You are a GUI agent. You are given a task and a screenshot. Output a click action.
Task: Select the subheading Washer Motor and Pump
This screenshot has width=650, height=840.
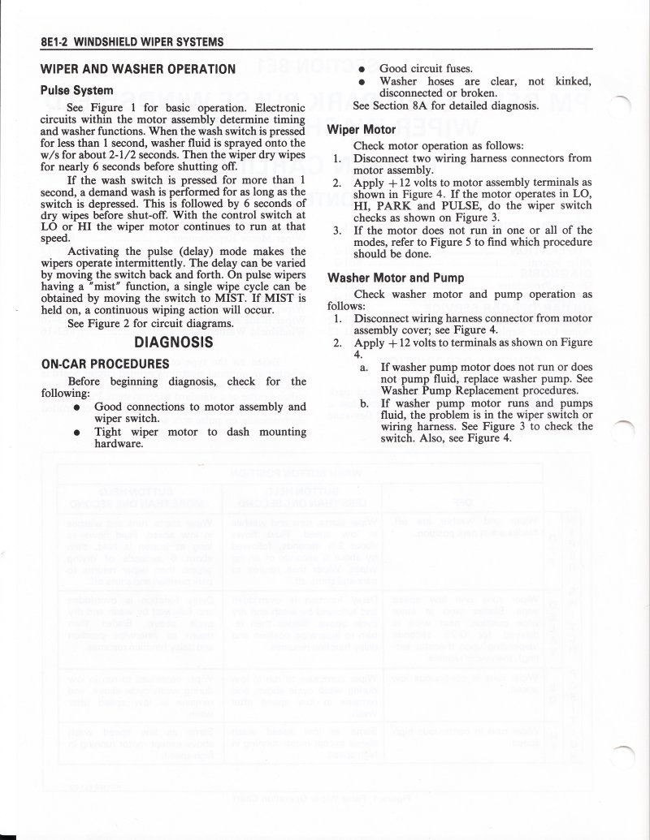(395, 277)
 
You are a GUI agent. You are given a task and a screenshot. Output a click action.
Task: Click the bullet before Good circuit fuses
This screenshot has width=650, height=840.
(360, 69)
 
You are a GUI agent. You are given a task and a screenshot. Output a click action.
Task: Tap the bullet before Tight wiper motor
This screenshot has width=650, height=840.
(76, 433)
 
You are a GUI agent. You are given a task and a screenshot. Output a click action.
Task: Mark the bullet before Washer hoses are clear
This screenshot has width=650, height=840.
(360, 81)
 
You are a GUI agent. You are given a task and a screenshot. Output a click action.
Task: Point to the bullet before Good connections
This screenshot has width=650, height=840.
(76, 406)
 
